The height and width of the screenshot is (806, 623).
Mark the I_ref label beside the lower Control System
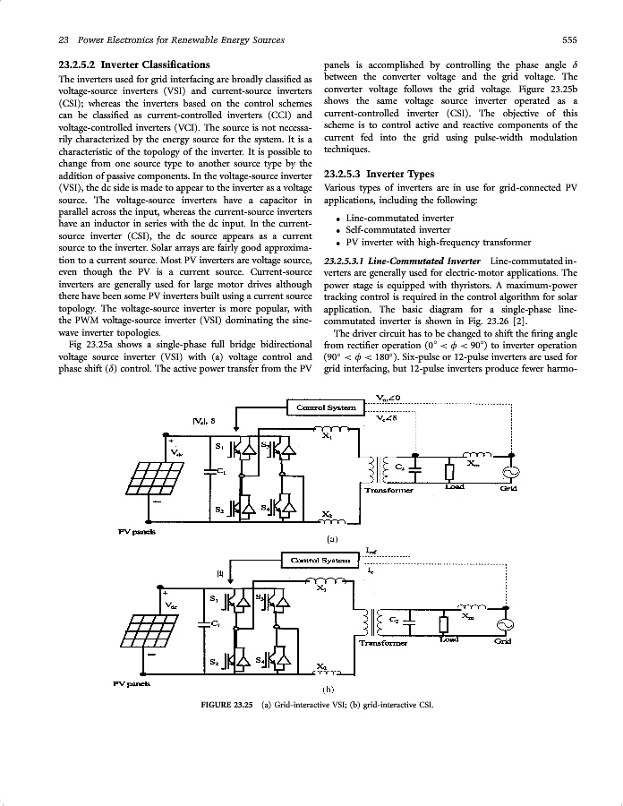pos(371,551)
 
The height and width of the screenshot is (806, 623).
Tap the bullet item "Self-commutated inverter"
pos(398,230)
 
